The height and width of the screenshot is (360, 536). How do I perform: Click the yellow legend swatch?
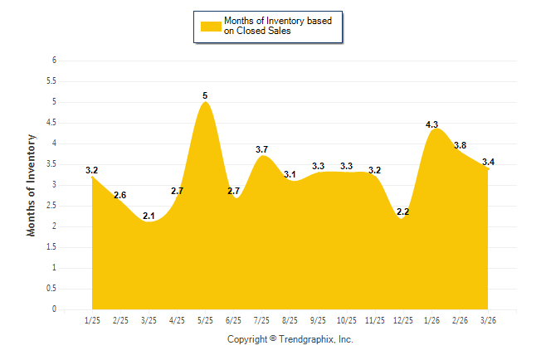click(x=211, y=26)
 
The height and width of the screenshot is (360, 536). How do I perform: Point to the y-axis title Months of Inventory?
click(x=32, y=185)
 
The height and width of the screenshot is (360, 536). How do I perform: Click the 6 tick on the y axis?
click(x=54, y=61)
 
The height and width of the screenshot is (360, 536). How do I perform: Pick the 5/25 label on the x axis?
click(x=205, y=320)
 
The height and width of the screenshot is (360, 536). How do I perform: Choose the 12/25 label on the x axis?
click(x=403, y=320)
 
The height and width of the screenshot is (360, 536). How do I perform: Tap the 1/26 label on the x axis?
click(x=431, y=320)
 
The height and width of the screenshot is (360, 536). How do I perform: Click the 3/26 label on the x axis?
click(x=488, y=320)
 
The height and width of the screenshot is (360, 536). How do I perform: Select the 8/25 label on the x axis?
click(x=290, y=320)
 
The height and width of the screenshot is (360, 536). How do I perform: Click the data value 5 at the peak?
click(x=205, y=95)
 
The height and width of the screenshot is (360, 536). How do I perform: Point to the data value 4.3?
click(x=431, y=124)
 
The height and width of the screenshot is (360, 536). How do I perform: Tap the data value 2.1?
click(x=149, y=216)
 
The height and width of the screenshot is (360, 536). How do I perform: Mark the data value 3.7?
click(x=261, y=149)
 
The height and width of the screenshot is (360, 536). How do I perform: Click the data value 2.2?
click(x=403, y=212)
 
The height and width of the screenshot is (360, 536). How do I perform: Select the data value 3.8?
click(x=460, y=145)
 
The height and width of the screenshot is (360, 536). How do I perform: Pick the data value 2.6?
click(x=120, y=195)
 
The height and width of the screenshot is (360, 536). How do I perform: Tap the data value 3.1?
click(x=290, y=174)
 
